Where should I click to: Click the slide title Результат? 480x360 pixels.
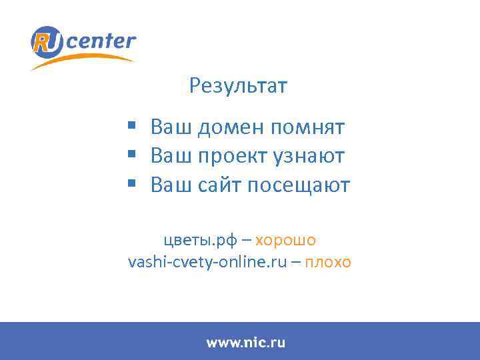[x=239, y=86]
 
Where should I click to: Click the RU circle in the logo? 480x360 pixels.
[x=48, y=43]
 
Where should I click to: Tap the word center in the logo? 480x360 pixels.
[x=101, y=42]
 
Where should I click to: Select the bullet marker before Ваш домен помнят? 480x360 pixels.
[x=133, y=125]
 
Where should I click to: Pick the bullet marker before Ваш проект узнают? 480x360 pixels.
[x=133, y=155]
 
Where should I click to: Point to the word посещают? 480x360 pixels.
[x=298, y=185]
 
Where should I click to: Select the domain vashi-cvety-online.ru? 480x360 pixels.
[x=207, y=262]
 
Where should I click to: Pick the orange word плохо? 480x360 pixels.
[x=327, y=262]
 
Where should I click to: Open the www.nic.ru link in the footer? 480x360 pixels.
[x=245, y=343]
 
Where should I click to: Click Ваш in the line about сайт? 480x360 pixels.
[x=171, y=185]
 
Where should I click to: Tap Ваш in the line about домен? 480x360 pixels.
[x=171, y=126]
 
